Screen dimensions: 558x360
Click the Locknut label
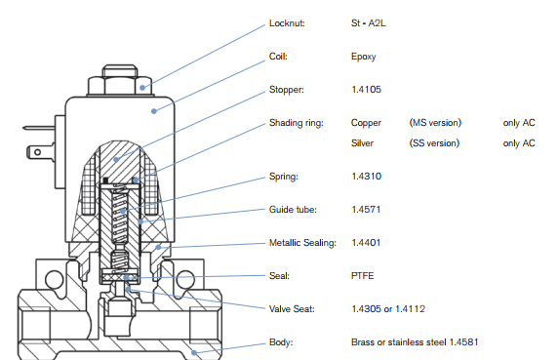point(287,23)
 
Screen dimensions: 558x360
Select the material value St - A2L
point(369,23)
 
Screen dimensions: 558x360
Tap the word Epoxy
point(363,57)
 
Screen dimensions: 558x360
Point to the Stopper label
point(287,90)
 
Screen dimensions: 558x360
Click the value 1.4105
point(366,90)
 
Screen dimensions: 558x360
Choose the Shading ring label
point(297,123)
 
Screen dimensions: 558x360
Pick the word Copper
point(366,123)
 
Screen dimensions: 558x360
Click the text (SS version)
point(434,143)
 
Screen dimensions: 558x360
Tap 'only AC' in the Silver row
point(519,143)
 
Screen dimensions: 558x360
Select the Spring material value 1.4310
point(366,177)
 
